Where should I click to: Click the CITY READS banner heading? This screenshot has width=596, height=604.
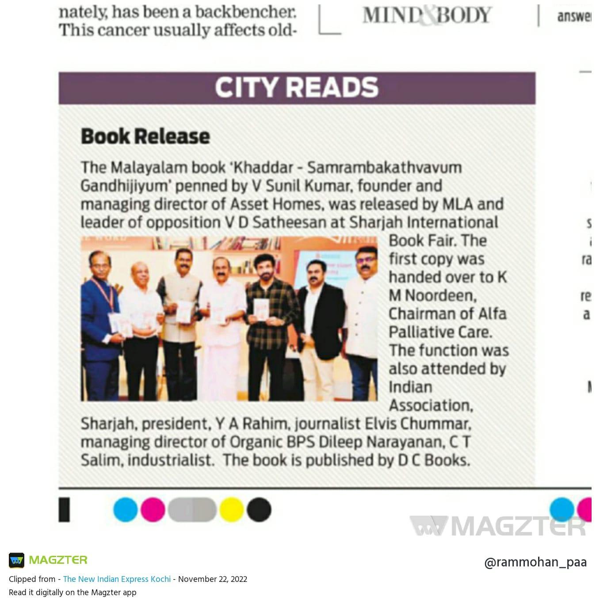[x=297, y=87]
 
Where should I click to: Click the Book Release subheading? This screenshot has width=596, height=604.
[x=145, y=136]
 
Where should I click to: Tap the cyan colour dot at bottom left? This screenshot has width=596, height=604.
[x=126, y=509]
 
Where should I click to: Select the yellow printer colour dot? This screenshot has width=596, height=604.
[x=232, y=509]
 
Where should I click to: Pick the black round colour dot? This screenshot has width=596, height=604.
[x=259, y=509]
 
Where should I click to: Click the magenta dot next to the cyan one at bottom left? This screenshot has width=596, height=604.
[x=153, y=509]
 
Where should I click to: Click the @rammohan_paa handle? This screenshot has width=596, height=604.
[x=535, y=562]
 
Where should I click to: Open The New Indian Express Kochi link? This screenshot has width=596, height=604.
[x=117, y=579]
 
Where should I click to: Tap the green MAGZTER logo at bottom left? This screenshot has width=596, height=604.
[x=49, y=560]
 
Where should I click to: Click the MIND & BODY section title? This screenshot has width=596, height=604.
[x=427, y=15]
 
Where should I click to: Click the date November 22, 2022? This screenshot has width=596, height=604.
[x=213, y=579]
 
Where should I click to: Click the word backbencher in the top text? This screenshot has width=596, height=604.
[x=246, y=12]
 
